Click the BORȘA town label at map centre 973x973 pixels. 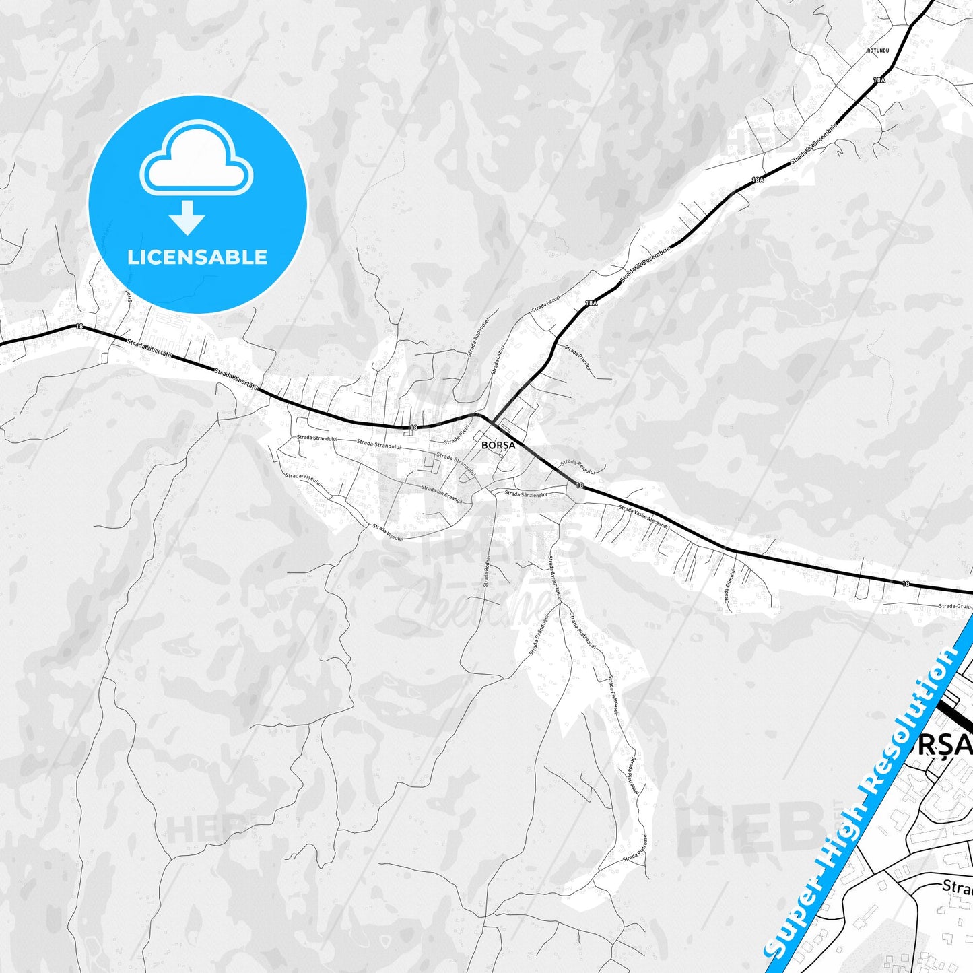pyautogui.click(x=498, y=445)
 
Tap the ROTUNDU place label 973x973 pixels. pyautogui.click(x=879, y=51)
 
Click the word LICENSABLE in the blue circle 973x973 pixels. pyautogui.click(x=197, y=257)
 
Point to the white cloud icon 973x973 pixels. pyautogui.click(x=197, y=158)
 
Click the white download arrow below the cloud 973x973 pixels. pyautogui.click(x=187, y=217)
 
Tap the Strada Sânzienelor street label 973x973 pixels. pyautogui.click(x=526, y=494)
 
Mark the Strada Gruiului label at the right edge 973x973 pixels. pyautogui.click(x=955, y=606)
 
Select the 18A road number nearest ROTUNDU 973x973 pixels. pyautogui.click(x=879, y=80)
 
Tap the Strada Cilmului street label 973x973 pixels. pyautogui.click(x=729, y=587)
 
